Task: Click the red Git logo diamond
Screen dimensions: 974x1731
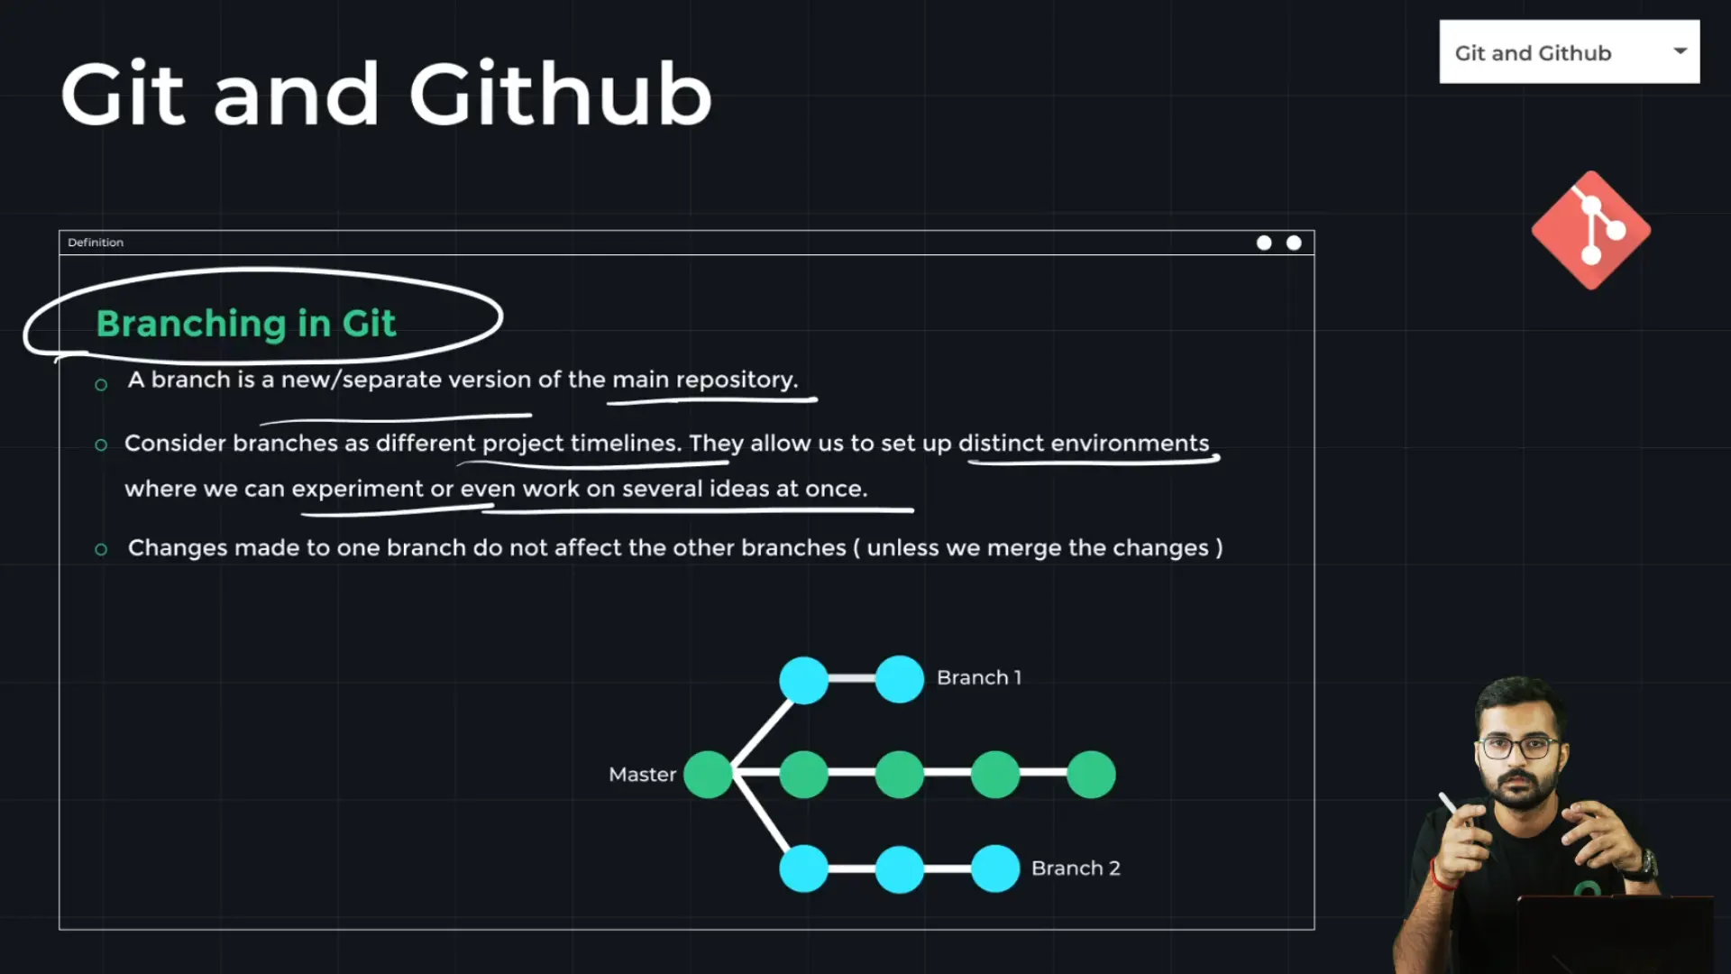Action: (x=1591, y=230)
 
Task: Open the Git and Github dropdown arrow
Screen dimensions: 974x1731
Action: (x=1680, y=51)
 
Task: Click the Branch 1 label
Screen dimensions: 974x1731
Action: (x=979, y=677)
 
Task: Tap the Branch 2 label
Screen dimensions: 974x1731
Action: (x=1076, y=868)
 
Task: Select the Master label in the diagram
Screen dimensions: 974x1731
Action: (x=642, y=774)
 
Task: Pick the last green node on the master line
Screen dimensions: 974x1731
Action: (x=1091, y=774)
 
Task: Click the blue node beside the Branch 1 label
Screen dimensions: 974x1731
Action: (x=900, y=678)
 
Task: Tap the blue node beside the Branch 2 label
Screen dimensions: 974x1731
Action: (x=995, y=868)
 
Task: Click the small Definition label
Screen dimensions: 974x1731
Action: (x=96, y=243)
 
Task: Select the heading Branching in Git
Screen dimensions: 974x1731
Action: (x=246, y=323)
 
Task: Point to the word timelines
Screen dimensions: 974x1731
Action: (x=626, y=443)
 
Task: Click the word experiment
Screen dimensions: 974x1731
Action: (x=357, y=489)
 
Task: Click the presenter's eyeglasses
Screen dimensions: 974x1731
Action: (x=1520, y=748)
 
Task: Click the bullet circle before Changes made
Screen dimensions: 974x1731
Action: (x=101, y=549)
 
